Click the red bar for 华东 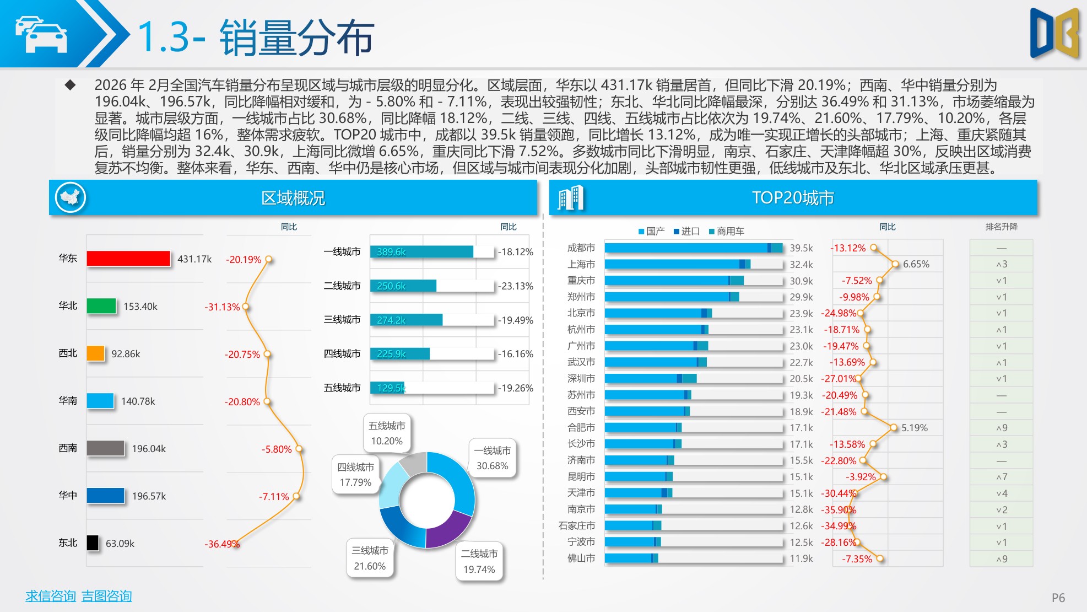tap(128, 259)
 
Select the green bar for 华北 tap(101, 306)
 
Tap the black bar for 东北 tap(93, 543)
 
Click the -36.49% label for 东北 tap(221, 544)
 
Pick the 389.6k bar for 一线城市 tap(421, 252)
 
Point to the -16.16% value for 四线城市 tap(516, 354)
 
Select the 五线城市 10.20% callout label tap(387, 433)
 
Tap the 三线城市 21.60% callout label tap(370, 558)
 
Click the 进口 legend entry tap(686, 232)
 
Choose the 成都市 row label tap(581, 248)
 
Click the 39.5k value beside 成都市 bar tap(801, 248)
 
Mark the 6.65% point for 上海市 tap(895, 265)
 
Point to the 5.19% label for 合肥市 tap(914, 428)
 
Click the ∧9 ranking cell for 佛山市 tap(1001, 559)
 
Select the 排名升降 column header tap(1001, 227)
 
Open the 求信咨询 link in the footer tap(50, 596)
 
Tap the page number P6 tap(1058, 598)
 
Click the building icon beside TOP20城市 tap(570, 198)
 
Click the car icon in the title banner tap(41, 35)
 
